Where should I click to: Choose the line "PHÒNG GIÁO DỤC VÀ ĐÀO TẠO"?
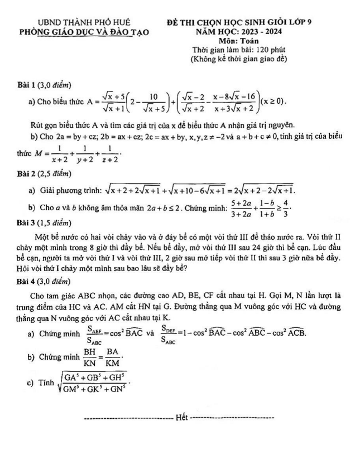(83, 32)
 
